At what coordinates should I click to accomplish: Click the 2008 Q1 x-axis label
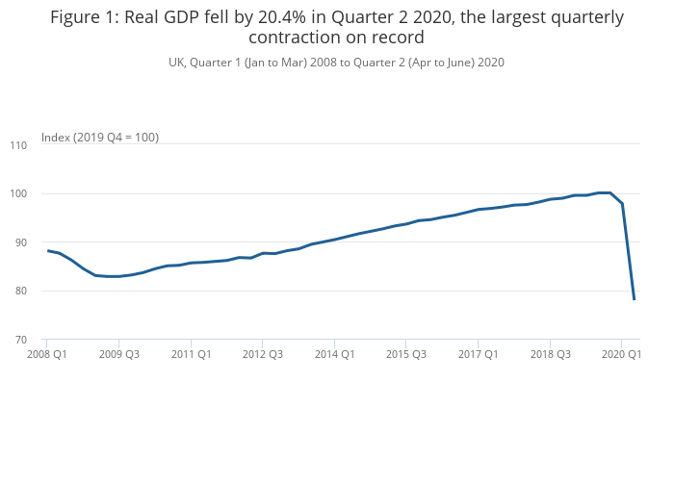point(47,354)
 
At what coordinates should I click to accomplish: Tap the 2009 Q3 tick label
point(119,354)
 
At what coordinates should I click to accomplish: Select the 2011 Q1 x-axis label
point(191,354)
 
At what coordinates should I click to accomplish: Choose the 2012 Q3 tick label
point(263,354)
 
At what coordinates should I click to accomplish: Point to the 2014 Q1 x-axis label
point(334,354)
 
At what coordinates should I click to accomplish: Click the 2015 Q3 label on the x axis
point(406,354)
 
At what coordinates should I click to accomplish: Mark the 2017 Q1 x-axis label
point(478,354)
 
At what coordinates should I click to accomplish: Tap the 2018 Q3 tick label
point(550,354)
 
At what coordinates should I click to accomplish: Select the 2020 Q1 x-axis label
point(621,354)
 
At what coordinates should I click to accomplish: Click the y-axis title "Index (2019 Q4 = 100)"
point(100,138)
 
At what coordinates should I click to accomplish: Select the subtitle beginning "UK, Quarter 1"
point(337,63)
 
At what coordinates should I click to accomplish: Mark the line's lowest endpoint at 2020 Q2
point(634,299)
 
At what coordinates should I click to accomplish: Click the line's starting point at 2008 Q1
point(47,250)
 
